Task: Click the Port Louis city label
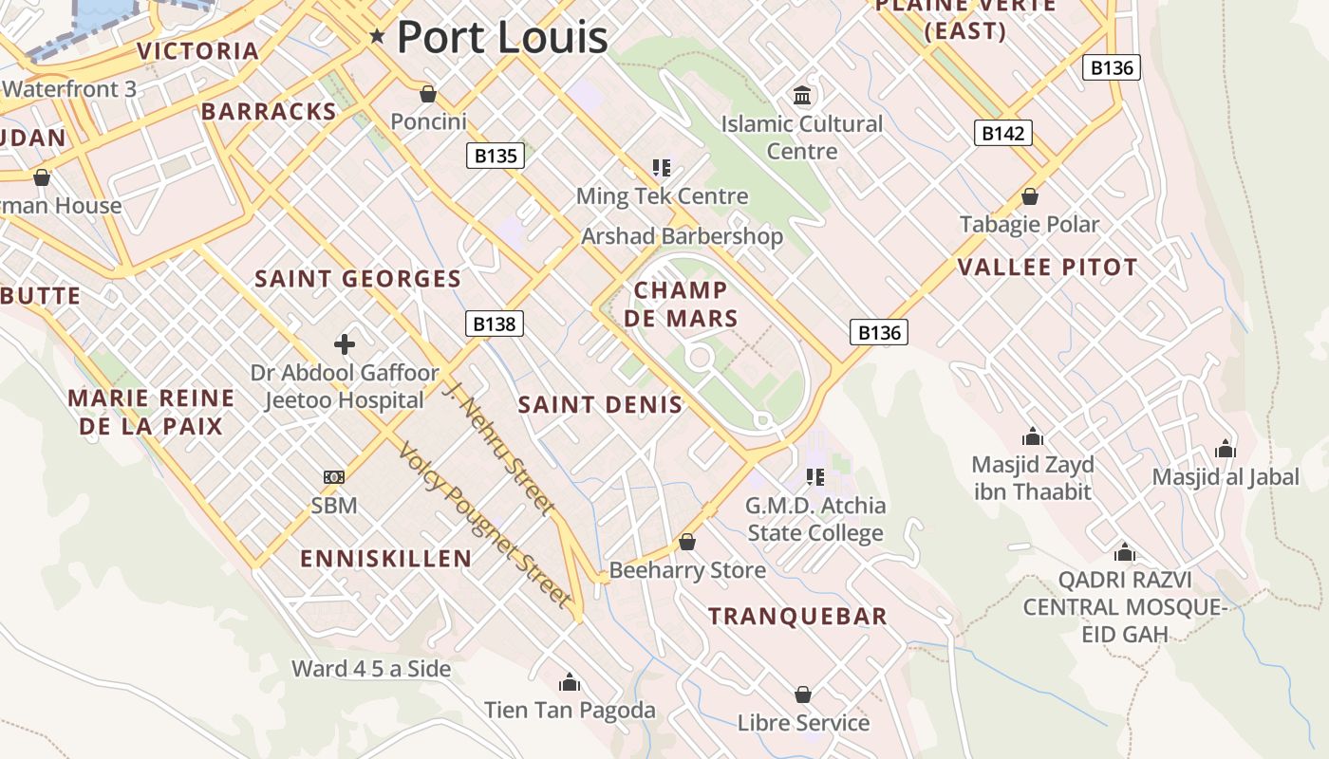501,37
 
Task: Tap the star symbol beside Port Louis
378,37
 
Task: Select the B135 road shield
496,156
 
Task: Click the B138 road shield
495,324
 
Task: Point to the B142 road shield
1002,133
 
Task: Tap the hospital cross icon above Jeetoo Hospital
345,343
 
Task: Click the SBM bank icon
334,477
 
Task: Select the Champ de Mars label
681,304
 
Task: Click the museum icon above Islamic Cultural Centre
803,96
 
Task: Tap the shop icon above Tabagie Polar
1030,196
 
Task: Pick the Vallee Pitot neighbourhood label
1047,268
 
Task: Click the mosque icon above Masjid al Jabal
1226,449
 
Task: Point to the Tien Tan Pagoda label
570,710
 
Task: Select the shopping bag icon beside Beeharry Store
687,543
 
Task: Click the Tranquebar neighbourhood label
797,617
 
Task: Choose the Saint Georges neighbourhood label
358,279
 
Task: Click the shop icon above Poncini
428,94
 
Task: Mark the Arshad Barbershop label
682,236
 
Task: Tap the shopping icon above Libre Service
803,694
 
